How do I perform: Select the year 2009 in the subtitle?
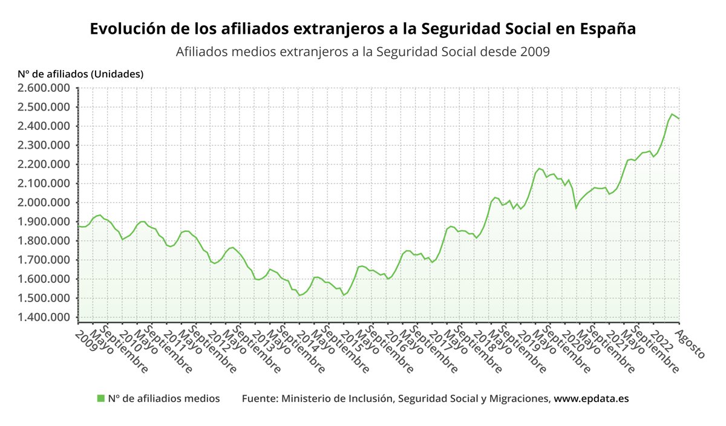point(534,52)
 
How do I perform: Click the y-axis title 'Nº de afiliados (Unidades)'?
point(80,74)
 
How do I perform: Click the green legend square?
point(101,398)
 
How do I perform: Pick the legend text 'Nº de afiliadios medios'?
point(164,399)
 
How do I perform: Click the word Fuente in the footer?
point(259,399)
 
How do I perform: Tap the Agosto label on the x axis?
point(686,341)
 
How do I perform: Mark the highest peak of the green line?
point(672,114)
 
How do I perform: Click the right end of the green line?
point(679,118)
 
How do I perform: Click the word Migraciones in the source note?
point(520,399)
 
